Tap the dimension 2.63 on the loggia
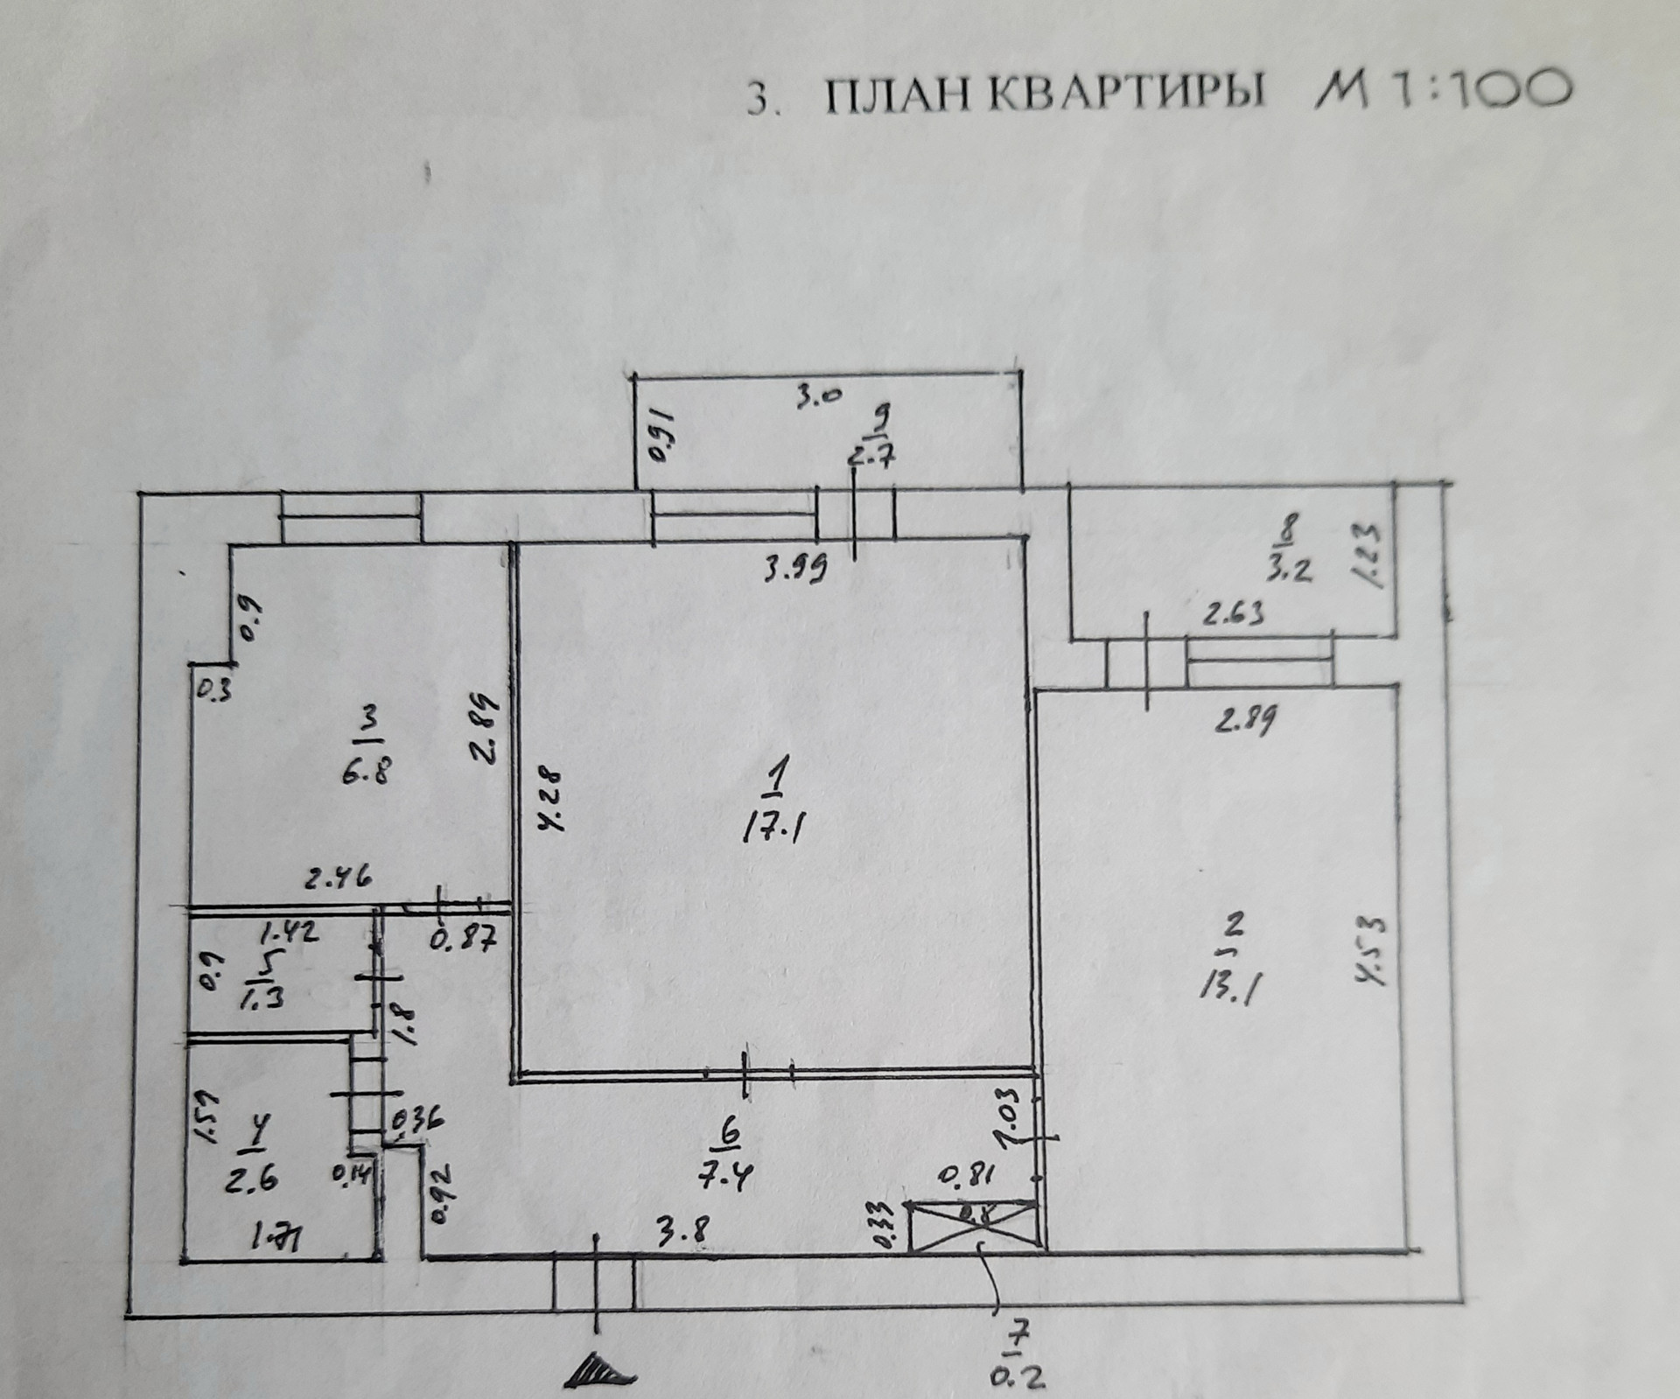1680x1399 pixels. pyautogui.click(x=1234, y=615)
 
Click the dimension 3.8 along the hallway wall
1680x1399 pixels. pyautogui.click(x=682, y=1230)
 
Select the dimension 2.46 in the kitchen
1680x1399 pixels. pyautogui.click(x=338, y=875)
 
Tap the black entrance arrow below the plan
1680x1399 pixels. pyautogui.click(x=598, y=1372)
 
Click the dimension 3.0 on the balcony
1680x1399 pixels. pyautogui.click(x=818, y=396)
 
